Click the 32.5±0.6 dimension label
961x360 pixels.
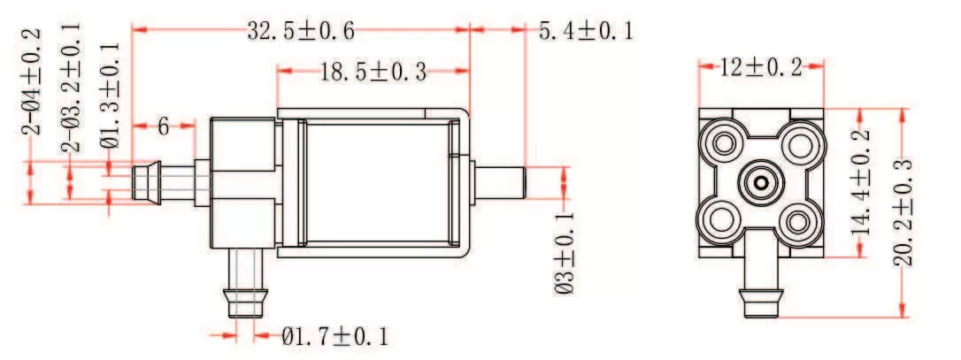pyautogui.click(x=300, y=32)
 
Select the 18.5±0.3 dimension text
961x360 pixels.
pyautogui.click(x=373, y=72)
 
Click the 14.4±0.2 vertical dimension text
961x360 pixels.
pyautogui.click(x=860, y=181)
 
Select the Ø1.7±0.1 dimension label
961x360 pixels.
pyautogui.click(x=335, y=336)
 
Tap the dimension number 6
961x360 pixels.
pyautogui.click(x=164, y=126)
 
